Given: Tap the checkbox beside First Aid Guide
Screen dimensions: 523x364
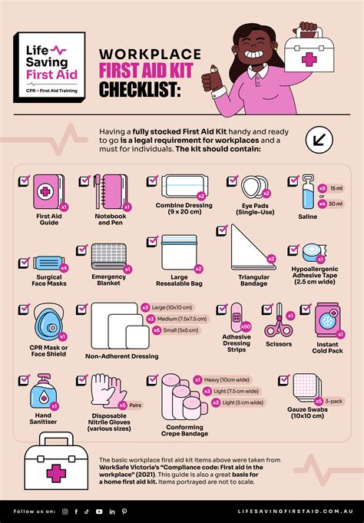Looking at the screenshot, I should (x=24, y=180).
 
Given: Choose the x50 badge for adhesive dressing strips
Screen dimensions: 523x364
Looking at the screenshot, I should (x=245, y=326).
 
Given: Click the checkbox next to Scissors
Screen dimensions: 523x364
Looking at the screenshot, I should (x=267, y=309).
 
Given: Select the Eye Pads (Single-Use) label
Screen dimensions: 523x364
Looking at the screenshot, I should (x=250, y=210).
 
